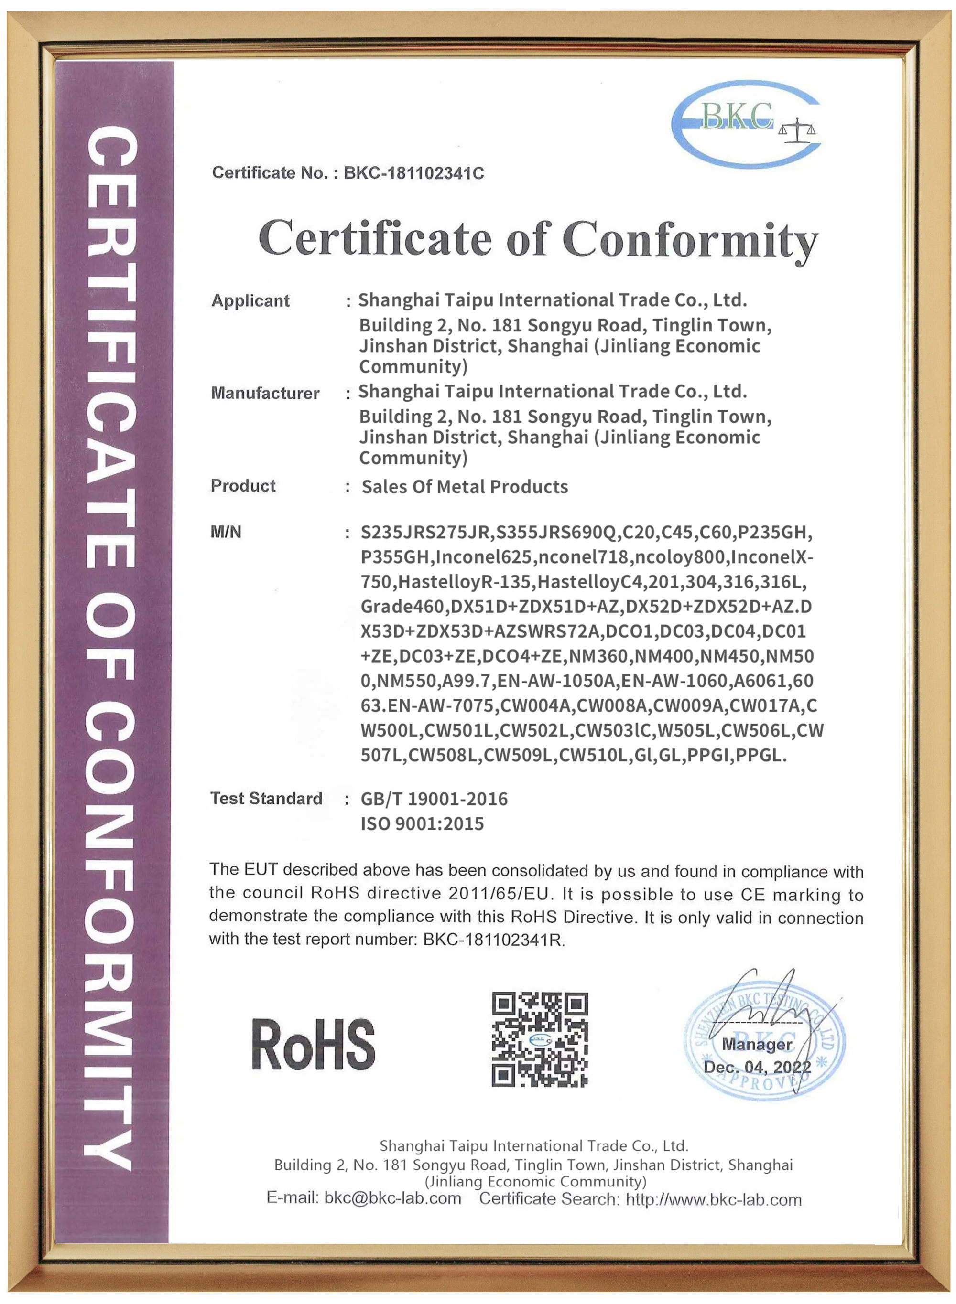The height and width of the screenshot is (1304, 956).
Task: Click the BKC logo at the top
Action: pyautogui.click(x=745, y=123)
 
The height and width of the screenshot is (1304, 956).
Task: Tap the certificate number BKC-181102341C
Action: pyautogui.click(x=414, y=173)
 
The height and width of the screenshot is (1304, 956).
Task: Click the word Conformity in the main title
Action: pyautogui.click(x=690, y=239)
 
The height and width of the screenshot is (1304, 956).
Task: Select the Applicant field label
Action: pyautogui.click(x=250, y=301)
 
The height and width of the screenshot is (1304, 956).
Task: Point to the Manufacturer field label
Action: pyautogui.click(x=265, y=393)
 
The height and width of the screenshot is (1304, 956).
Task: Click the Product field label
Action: pyautogui.click(x=243, y=486)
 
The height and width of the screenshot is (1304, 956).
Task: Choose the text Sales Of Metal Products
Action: pyautogui.click(x=465, y=487)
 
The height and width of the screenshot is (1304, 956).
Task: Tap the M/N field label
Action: pyautogui.click(x=226, y=532)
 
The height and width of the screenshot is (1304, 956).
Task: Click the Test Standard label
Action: pyautogui.click(x=266, y=799)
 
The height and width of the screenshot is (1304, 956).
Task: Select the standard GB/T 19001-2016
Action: pyautogui.click(x=434, y=799)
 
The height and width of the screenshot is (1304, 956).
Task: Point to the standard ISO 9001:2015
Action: pyautogui.click(x=422, y=823)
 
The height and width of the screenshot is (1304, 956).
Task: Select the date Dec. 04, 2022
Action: pyautogui.click(x=757, y=1067)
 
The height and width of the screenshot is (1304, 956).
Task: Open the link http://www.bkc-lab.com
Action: pyautogui.click(x=714, y=1200)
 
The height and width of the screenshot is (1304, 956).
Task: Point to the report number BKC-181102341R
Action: pyautogui.click(x=493, y=940)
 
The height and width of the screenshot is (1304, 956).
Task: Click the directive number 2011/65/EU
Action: pyautogui.click(x=498, y=893)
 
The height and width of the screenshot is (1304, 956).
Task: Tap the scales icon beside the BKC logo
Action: pyautogui.click(x=797, y=131)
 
